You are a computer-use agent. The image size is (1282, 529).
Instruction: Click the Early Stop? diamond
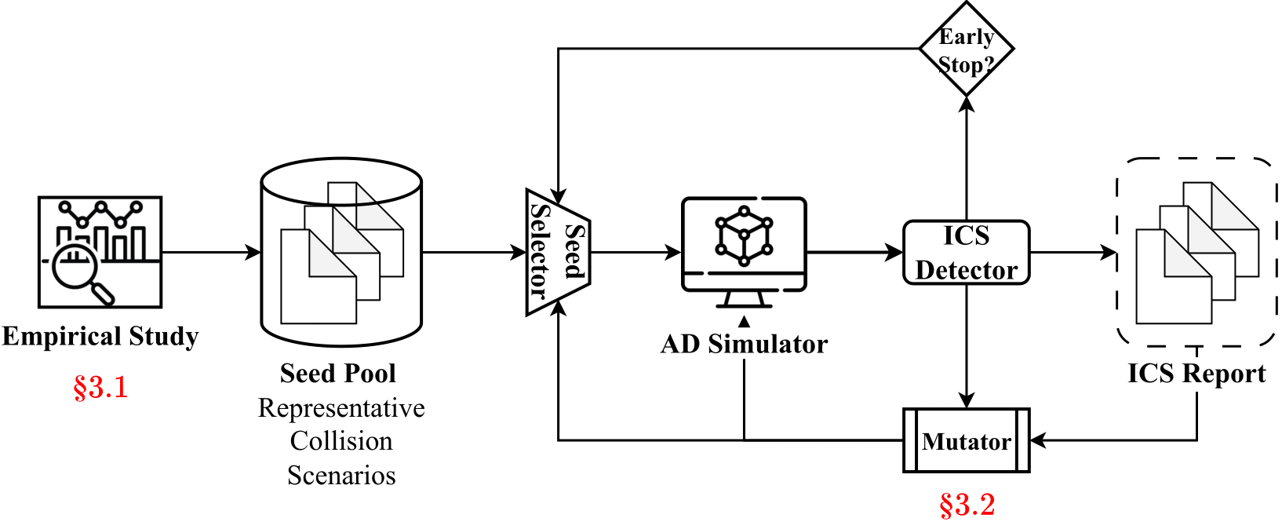pyautogui.click(x=966, y=49)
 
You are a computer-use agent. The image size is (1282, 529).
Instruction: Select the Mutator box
pyautogui.click(x=966, y=441)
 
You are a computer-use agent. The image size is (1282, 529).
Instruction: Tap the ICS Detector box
pyautogui.click(x=966, y=253)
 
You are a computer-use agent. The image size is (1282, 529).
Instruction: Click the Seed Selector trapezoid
pyautogui.click(x=557, y=252)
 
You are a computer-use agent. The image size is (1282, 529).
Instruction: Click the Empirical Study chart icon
pyautogui.click(x=100, y=252)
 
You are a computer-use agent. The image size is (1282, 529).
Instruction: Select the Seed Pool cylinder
pyautogui.click(x=341, y=252)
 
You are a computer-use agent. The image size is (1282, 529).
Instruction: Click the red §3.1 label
pyautogui.click(x=100, y=388)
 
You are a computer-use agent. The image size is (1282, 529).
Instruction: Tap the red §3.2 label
pyautogui.click(x=967, y=505)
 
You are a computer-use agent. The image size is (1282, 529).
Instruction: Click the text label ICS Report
pyautogui.click(x=1196, y=374)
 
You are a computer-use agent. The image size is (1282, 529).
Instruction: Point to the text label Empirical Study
pyautogui.click(x=100, y=337)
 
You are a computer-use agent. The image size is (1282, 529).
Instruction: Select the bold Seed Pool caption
pyautogui.click(x=338, y=374)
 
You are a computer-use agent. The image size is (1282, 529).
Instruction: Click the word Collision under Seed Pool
pyautogui.click(x=341, y=441)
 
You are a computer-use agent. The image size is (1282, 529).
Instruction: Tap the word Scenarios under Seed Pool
pyautogui.click(x=341, y=476)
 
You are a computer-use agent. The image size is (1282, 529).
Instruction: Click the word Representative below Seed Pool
pyautogui.click(x=341, y=408)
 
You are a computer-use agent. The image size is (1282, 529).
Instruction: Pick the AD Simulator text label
pyautogui.click(x=744, y=345)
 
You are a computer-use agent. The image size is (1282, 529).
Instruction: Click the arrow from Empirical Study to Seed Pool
pyautogui.click(x=211, y=253)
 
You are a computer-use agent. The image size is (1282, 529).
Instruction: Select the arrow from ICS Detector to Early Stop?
pyautogui.click(x=967, y=157)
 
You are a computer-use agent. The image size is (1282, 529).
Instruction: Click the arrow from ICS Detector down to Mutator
pyautogui.click(x=967, y=345)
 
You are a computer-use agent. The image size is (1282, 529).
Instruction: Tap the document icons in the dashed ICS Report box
pyautogui.click(x=1196, y=252)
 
